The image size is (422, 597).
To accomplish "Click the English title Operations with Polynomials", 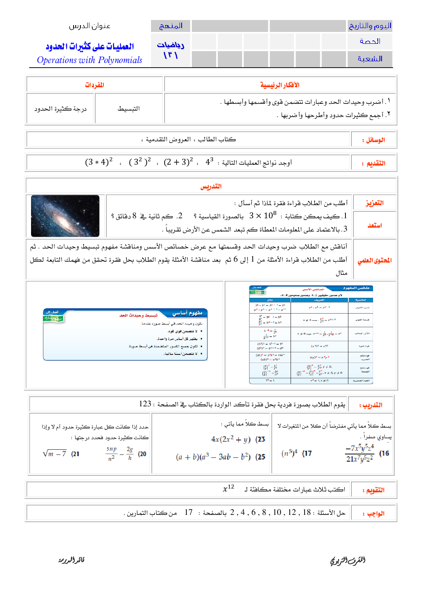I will (89, 60).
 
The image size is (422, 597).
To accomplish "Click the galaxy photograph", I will (65, 216).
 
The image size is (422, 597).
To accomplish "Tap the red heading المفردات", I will (94, 85).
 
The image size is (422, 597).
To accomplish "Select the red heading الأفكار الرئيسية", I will (279, 85).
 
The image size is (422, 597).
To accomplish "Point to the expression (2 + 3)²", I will (178, 162).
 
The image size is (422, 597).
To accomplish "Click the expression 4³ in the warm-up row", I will (209, 162).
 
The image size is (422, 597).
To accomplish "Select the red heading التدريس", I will (211, 186).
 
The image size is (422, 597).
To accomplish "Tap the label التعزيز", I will (374, 203).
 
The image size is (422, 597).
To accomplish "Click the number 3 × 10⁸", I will (263, 215).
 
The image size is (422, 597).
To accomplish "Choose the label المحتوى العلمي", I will (374, 260).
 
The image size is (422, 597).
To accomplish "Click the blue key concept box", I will (125, 334).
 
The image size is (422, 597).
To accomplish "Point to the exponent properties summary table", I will (311, 334).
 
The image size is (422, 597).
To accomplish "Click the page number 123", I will (145, 404).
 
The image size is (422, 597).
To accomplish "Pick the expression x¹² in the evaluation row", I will (228, 489).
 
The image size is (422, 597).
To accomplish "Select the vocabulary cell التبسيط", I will (128, 109).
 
